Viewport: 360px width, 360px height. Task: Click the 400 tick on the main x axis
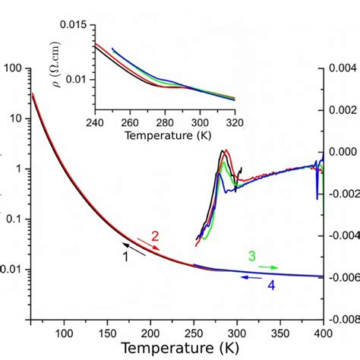pos(323,333)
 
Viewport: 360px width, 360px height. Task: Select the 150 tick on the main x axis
pos(107,333)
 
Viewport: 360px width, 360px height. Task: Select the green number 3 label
pos(251,256)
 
